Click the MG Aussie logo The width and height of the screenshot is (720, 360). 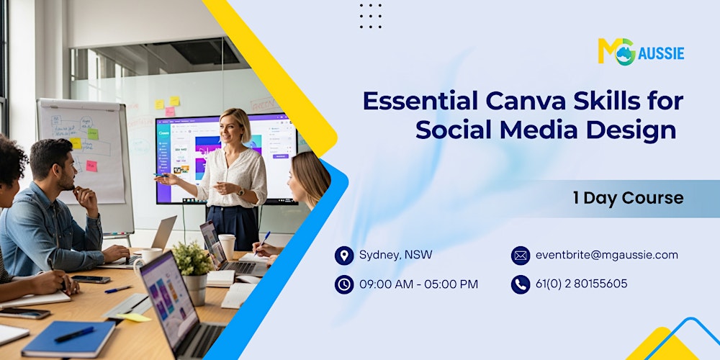pyautogui.click(x=640, y=52)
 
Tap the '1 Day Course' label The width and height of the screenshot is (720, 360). pyautogui.click(x=628, y=198)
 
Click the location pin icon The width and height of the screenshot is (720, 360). pyautogui.click(x=344, y=256)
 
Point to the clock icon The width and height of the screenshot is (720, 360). pyautogui.click(x=344, y=284)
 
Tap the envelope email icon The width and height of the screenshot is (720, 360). pyautogui.click(x=521, y=256)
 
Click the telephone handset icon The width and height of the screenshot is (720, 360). pyautogui.click(x=521, y=284)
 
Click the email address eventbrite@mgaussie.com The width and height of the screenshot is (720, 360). pyautogui.click(x=606, y=255)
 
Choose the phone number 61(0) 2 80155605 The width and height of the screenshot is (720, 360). pyautogui.click(x=581, y=284)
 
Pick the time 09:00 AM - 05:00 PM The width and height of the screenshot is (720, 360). pyautogui.click(x=418, y=284)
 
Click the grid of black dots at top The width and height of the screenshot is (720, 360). pyautogui.click(x=371, y=16)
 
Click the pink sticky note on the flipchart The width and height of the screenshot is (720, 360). pyautogui.click(x=92, y=166)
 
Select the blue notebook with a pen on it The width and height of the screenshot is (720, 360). pyautogui.click(x=68, y=338)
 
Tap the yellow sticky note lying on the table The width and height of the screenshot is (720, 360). pyautogui.click(x=134, y=317)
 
